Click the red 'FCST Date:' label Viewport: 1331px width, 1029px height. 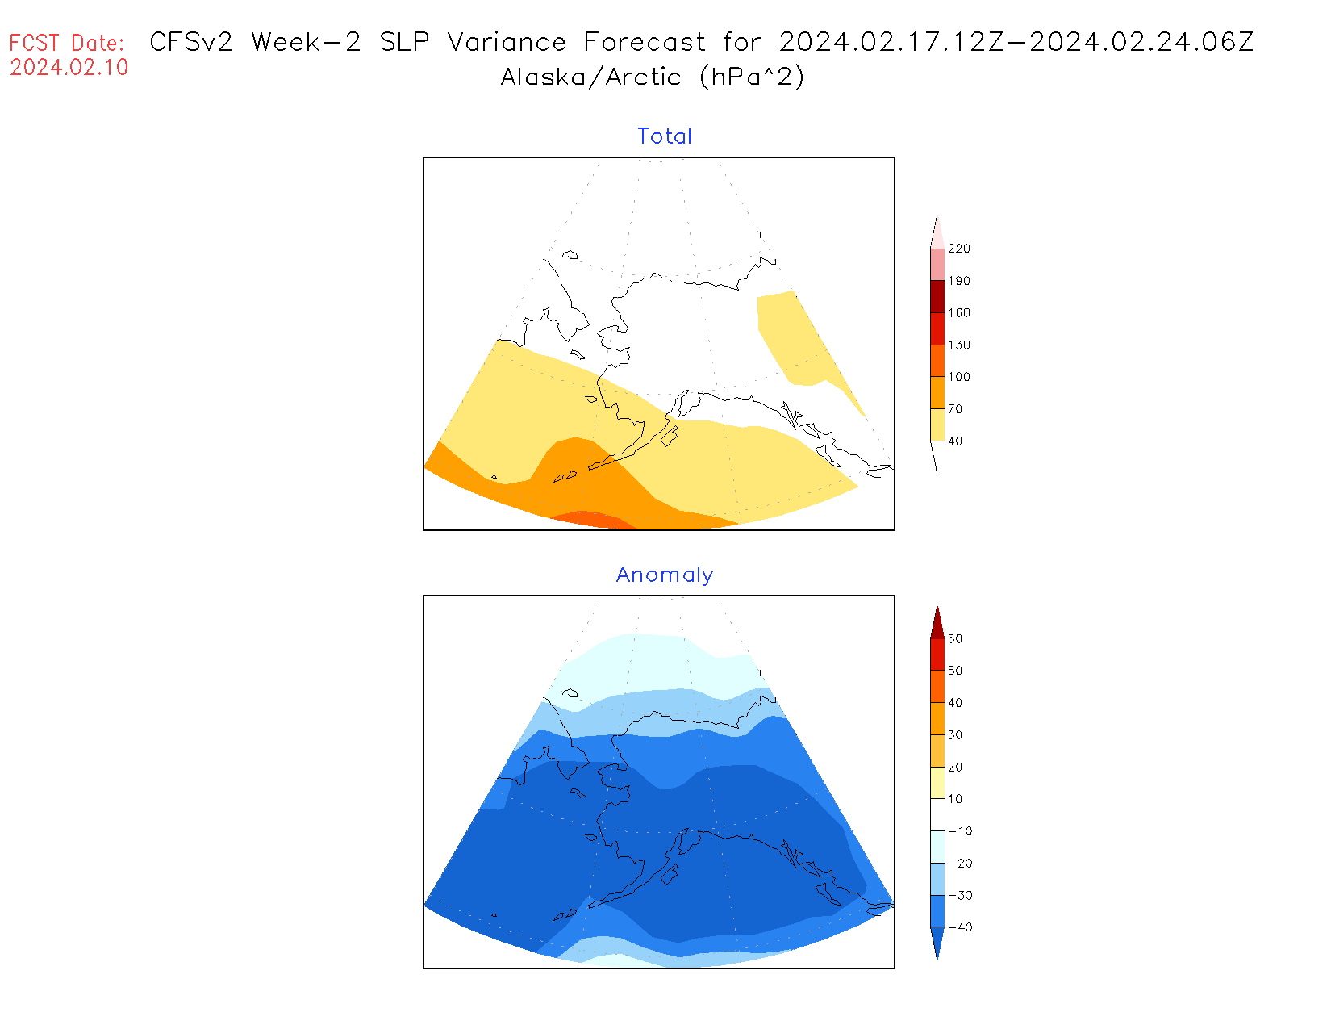[x=67, y=43]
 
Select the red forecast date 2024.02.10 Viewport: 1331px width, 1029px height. [x=69, y=68]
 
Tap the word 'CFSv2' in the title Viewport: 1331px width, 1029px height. [x=191, y=42]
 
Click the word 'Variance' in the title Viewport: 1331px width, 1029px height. [x=507, y=42]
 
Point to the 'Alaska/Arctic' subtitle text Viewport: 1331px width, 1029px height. [x=590, y=77]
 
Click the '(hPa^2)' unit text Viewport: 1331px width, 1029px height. [x=752, y=77]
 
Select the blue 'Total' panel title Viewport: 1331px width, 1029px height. [x=665, y=136]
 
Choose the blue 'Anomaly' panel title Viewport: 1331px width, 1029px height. [x=665, y=575]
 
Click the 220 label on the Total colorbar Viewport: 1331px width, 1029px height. [x=959, y=249]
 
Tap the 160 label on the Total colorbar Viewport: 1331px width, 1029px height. [x=959, y=313]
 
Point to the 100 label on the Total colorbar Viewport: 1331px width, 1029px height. [x=959, y=377]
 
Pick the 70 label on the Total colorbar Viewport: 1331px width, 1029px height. [x=955, y=409]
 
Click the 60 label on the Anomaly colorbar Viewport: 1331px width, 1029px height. [x=955, y=639]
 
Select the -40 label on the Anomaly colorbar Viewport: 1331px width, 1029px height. [x=960, y=927]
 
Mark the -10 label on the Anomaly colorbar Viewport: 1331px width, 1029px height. [x=960, y=831]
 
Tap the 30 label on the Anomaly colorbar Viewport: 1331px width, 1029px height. [x=955, y=735]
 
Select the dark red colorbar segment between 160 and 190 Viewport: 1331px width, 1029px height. [x=937, y=296]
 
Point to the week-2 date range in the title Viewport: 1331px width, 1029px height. [x=1016, y=42]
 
